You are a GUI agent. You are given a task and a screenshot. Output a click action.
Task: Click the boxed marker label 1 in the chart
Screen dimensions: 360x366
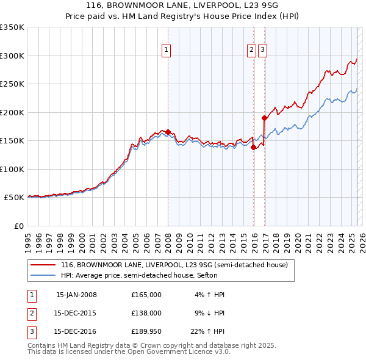[x=166, y=51]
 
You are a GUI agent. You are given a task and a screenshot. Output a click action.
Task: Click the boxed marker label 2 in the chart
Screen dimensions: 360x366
[x=251, y=51]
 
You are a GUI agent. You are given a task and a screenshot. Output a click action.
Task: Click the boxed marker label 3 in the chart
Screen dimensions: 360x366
[x=262, y=51]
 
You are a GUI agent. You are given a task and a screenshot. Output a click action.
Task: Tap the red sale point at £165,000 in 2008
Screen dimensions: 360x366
[x=168, y=132]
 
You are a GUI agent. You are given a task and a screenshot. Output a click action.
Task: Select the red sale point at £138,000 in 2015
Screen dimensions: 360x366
[x=253, y=147]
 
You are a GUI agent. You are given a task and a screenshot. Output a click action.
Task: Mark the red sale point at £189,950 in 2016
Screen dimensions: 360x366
[x=264, y=118]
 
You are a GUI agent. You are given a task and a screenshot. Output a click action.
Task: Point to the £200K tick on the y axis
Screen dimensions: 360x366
[x=12, y=112]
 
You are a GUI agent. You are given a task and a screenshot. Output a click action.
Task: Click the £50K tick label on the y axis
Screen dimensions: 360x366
[x=14, y=198]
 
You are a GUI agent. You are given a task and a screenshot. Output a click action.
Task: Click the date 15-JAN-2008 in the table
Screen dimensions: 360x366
[x=76, y=295]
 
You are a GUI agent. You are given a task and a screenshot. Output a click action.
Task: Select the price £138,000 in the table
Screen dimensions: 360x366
[x=146, y=314]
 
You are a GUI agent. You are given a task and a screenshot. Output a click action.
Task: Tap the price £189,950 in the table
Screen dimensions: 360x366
[x=146, y=333]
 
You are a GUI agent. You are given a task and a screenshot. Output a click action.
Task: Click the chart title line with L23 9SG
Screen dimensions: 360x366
[x=182, y=7]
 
